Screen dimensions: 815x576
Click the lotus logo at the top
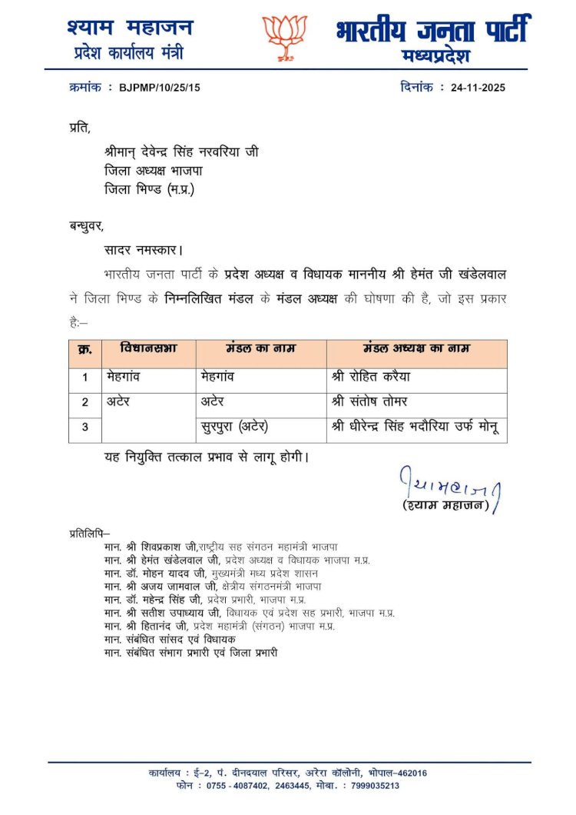point(285,35)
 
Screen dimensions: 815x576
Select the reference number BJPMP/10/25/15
point(159,88)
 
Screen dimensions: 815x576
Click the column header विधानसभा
point(148,348)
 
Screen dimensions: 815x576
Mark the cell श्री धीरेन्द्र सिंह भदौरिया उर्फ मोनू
point(415,427)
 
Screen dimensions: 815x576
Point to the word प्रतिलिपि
point(89,532)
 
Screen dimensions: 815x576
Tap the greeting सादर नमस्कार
point(144,250)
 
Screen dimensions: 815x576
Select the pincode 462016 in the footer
point(408,773)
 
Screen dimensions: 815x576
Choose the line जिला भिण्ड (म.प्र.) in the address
point(150,189)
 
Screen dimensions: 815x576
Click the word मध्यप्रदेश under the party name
point(435,56)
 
